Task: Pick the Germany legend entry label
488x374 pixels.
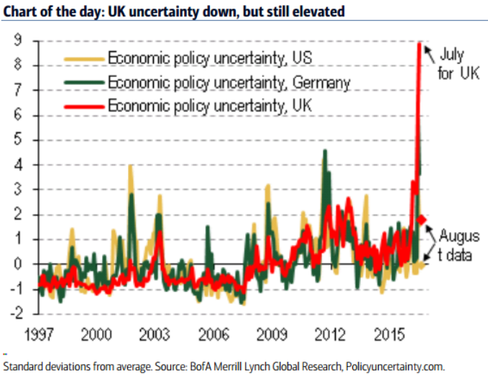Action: point(229,83)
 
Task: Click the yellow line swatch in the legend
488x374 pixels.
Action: point(83,58)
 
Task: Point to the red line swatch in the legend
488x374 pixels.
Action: point(83,106)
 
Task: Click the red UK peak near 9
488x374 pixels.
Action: point(420,44)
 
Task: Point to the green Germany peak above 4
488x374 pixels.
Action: point(325,151)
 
